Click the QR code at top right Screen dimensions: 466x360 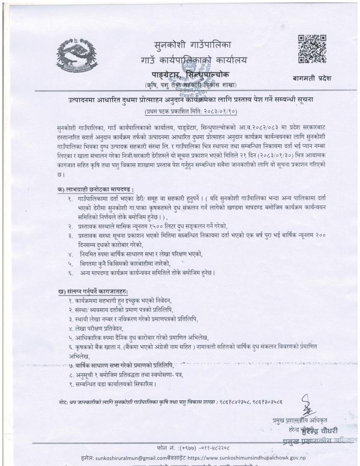pos(312,49)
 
